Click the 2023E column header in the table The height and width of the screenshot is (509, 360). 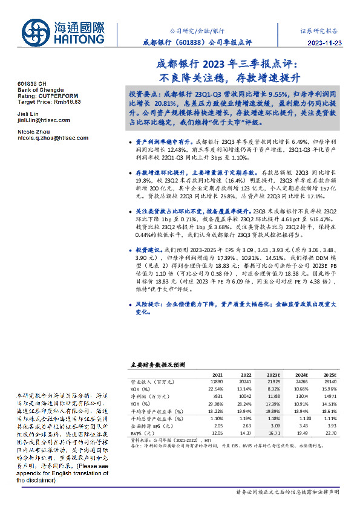(x=274, y=375)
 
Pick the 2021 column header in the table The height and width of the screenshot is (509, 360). (x=217, y=375)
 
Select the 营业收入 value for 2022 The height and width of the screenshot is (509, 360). (x=246, y=383)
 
